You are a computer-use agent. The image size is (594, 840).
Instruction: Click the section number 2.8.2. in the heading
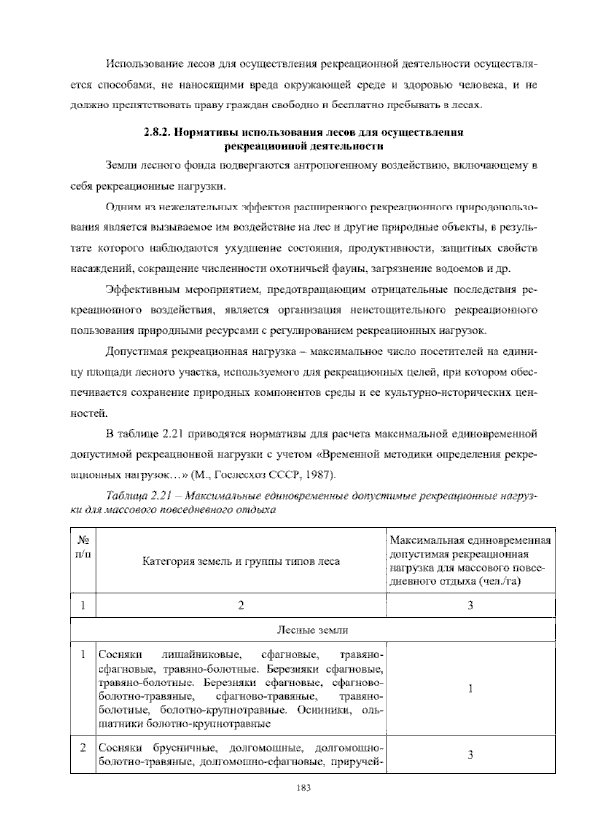(x=157, y=133)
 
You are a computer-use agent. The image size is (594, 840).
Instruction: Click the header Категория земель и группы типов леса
(x=241, y=561)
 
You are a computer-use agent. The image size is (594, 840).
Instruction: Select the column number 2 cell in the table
(x=241, y=605)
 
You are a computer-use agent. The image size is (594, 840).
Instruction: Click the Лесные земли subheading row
(x=312, y=630)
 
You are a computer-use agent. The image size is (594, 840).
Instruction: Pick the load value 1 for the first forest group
(x=470, y=689)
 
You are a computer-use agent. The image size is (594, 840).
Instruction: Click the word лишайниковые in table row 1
(x=201, y=656)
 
